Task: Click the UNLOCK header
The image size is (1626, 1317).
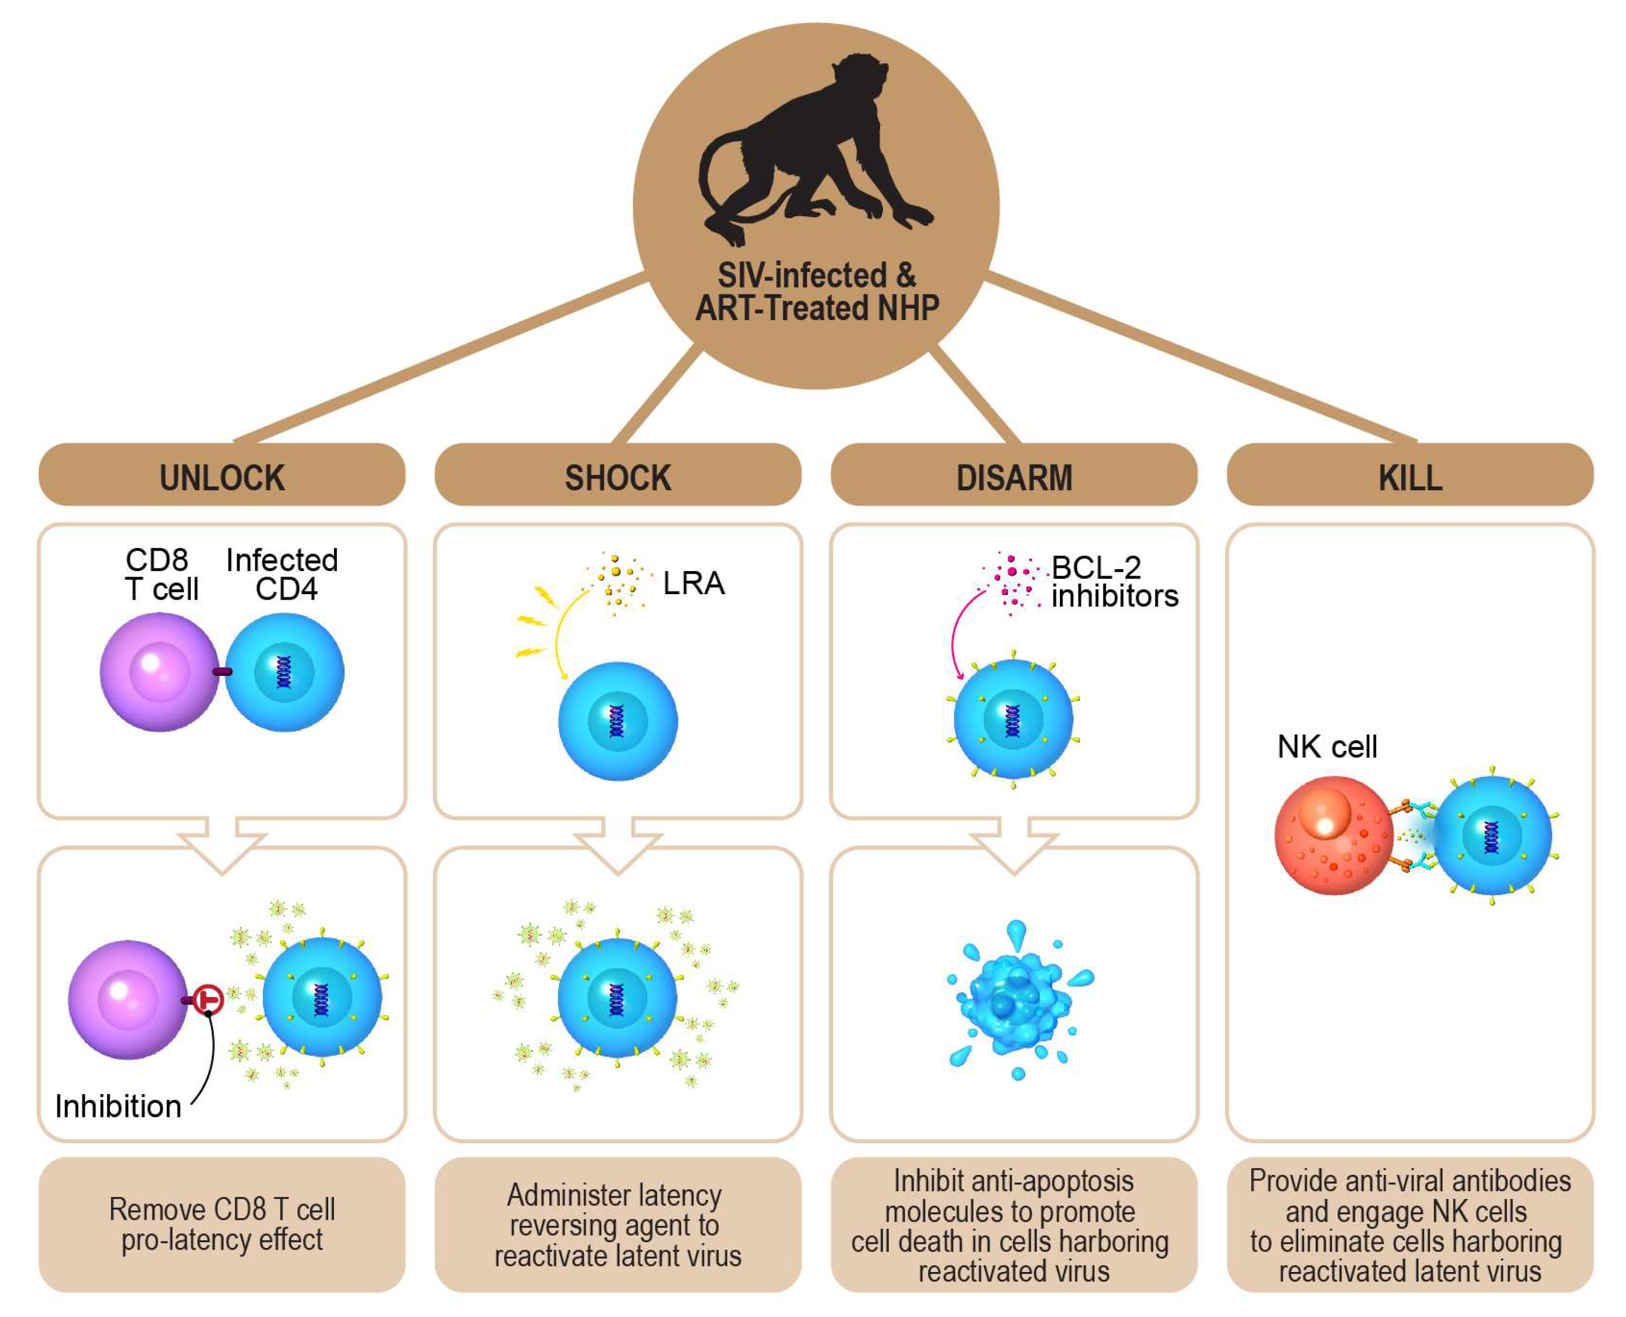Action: click(x=221, y=477)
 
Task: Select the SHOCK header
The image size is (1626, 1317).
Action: click(x=618, y=477)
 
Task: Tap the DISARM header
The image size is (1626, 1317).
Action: click(x=1013, y=477)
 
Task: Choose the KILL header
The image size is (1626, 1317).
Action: click(x=1410, y=477)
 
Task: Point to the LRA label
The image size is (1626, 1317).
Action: click(x=693, y=583)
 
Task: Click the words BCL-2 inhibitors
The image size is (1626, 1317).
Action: click(x=1114, y=582)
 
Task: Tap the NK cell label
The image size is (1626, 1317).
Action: click(x=1326, y=746)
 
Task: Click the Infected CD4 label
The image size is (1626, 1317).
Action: click(x=282, y=574)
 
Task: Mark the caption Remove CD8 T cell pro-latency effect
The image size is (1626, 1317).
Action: click(x=221, y=1223)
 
